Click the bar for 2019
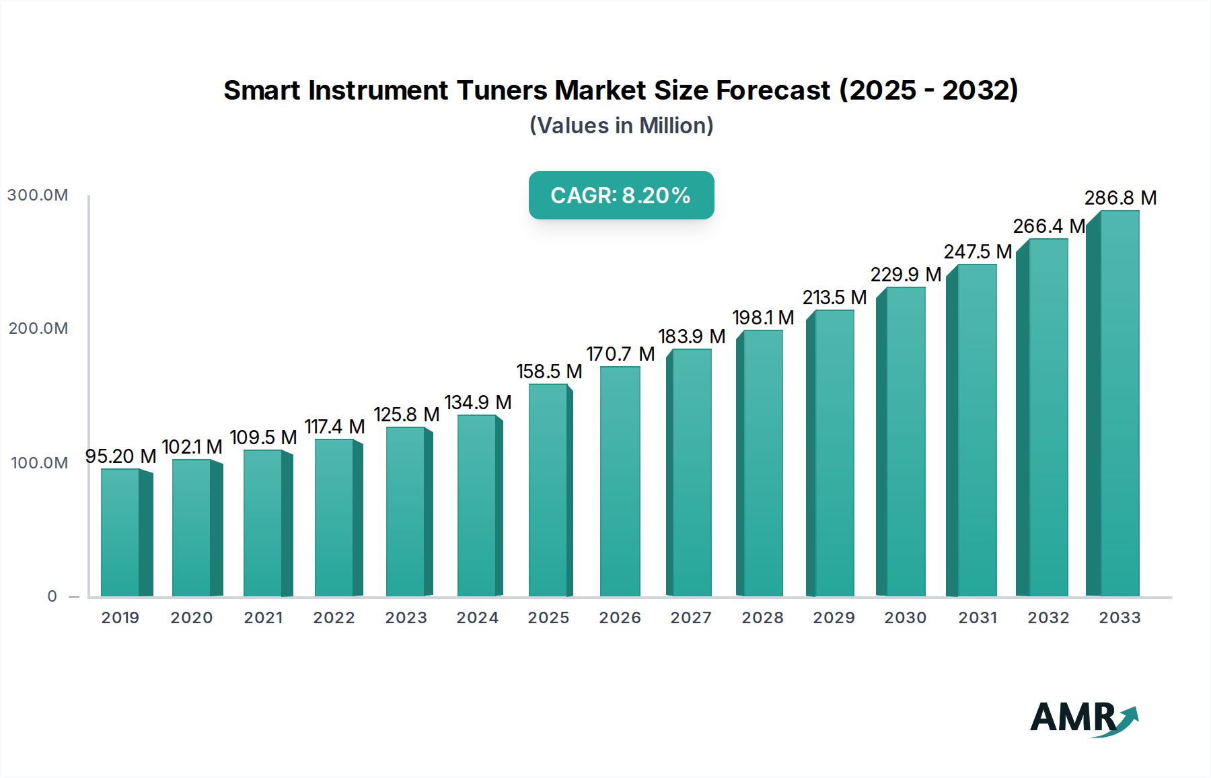coord(121,532)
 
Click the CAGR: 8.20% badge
coord(621,195)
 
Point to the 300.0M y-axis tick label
coord(38,195)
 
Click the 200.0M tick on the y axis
coord(38,328)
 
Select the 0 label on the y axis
coord(52,596)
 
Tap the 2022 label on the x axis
coord(334,618)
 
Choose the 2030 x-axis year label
coord(905,618)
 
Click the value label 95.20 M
coord(120,456)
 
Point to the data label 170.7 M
coord(620,354)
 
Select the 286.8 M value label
coord(1120,198)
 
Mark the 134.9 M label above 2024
coord(478,402)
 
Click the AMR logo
coord(1083,718)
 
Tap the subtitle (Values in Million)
coord(621,126)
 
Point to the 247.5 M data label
coord(978,252)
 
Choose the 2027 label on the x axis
coord(691,618)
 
